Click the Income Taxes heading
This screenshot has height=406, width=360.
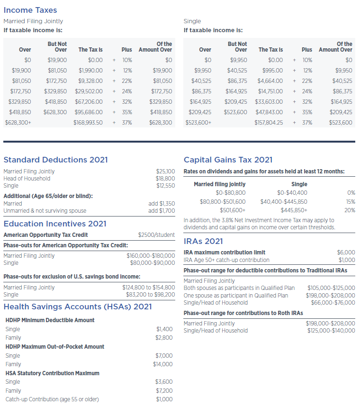(30, 10)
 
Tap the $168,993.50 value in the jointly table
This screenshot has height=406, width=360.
(89, 123)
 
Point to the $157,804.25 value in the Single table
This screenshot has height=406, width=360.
(269, 123)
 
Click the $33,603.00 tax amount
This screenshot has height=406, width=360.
(269, 102)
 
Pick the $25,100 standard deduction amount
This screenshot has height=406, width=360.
(165, 171)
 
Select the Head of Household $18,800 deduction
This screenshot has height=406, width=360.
(165, 179)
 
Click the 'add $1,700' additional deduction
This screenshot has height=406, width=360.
(162, 211)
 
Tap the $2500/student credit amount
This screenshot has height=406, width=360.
(156, 235)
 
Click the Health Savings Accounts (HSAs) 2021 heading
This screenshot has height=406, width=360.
(78, 307)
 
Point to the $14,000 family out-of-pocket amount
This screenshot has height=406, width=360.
(163, 364)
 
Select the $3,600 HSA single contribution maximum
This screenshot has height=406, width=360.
(164, 382)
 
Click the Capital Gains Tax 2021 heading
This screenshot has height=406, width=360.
(228, 160)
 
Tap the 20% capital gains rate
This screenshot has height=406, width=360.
(350, 210)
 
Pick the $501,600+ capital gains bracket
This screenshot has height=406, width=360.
(233, 210)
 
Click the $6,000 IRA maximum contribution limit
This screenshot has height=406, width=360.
(346, 253)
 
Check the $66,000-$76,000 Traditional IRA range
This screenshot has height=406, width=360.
(333, 303)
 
